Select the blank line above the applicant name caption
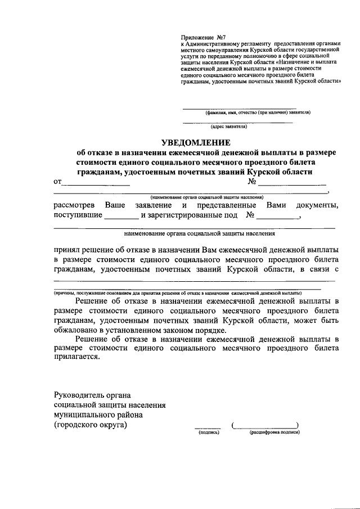click(x=239, y=107)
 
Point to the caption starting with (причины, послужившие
click(x=177, y=293)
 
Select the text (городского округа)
click(x=91, y=425)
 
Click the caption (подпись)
click(x=208, y=433)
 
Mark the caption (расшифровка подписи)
click(x=274, y=433)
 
